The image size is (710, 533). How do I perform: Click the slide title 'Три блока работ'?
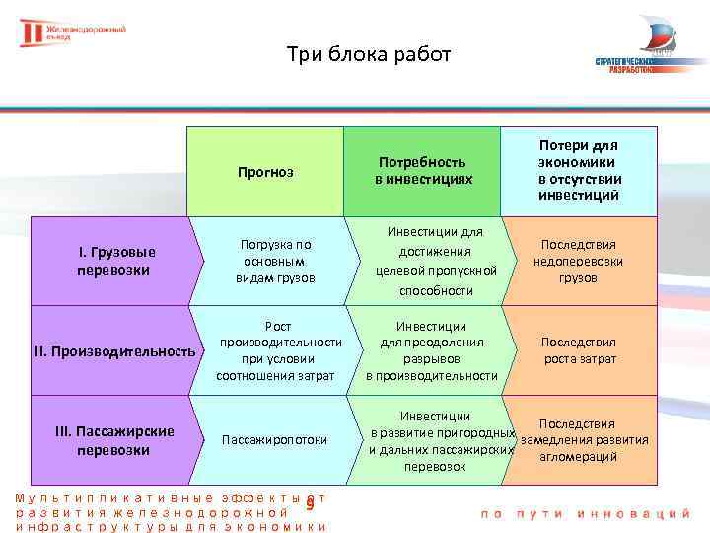(x=368, y=54)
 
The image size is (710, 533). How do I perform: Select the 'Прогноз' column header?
(x=265, y=172)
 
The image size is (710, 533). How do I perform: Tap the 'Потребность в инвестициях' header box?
(x=423, y=171)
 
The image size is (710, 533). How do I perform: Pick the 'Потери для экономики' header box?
(x=579, y=171)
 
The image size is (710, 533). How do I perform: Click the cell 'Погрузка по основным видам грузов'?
(x=276, y=261)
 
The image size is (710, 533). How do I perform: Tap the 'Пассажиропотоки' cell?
(x=275, y=440)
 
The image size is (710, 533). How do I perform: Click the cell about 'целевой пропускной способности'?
(x=431, y=261)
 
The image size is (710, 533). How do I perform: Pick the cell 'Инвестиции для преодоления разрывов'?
(x=431, y=350)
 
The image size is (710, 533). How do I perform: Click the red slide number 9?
(x=310, y=505)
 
